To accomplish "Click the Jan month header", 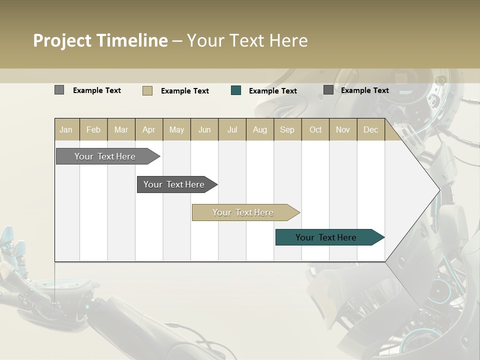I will [66, 129].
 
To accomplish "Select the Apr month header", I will [149, 129].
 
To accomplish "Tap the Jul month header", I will [232, 129].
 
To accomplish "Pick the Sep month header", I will [287, 129].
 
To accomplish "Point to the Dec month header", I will [370, 129].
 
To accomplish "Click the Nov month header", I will [343, 129].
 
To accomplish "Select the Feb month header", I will [93, 129].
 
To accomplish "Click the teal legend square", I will [236, 90].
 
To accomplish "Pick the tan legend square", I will [147, 90].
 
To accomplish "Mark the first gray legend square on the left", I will [59, 90].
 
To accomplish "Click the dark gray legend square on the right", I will [328, 90].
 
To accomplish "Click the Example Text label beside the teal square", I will [272, 90].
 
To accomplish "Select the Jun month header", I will [204, 129].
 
